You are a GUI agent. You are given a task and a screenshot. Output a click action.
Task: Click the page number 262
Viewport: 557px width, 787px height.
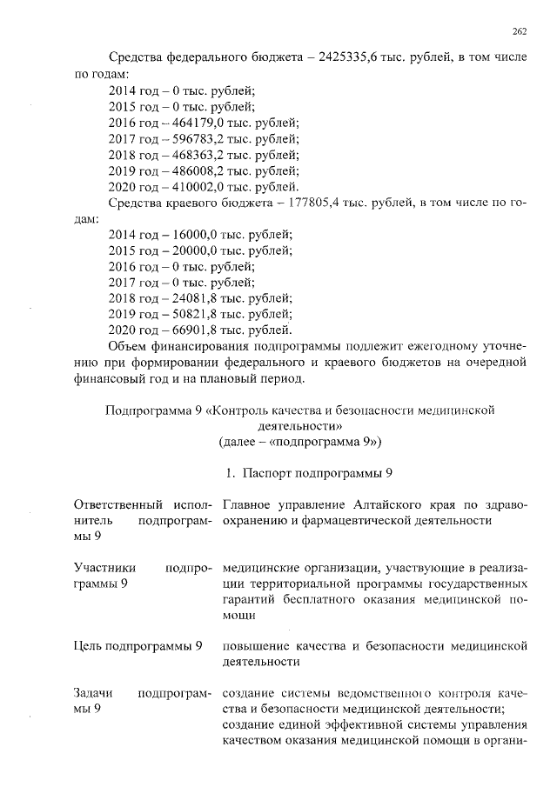[520, 31]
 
